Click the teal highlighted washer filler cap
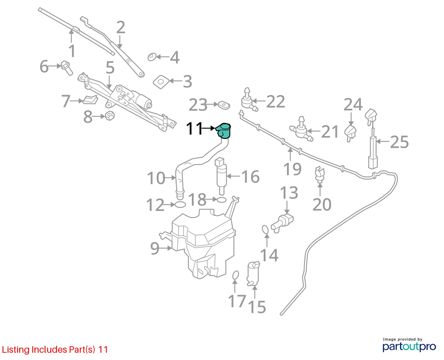pos(223,131)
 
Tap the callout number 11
pos(194,128)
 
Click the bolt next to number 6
pos(67,68)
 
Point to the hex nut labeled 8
pos(110,116)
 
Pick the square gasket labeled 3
pos(161,82)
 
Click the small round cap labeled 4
pos(152,57)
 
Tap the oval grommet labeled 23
pos(224,105)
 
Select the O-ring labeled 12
pos(180,205)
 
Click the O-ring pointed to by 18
pos(221,200)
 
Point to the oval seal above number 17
pos(235,275)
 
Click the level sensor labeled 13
pos(283,224)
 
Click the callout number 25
pos(399,142)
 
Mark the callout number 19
pos(292,169)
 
